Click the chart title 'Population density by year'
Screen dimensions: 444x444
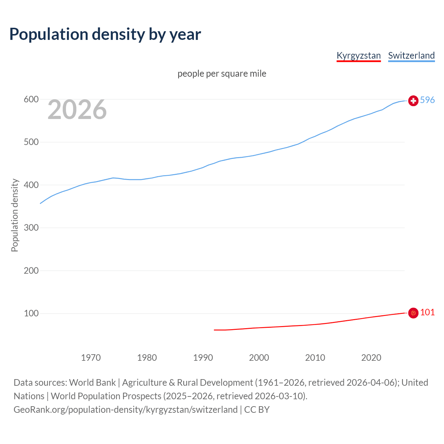105,34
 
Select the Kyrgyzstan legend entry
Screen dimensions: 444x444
359,55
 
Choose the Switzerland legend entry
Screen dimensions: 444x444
411,55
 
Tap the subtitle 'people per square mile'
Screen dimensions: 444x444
222,74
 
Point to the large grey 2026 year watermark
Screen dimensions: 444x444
77,110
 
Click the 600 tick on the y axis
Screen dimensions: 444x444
31,100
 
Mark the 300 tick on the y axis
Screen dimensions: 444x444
31,228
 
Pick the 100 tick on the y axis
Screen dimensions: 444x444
31,314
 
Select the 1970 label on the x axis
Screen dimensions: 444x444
91,358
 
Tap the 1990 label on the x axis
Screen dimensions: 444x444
203,358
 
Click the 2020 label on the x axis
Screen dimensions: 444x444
371,358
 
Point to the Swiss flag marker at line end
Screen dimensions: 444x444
413,101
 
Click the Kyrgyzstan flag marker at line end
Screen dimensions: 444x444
413,313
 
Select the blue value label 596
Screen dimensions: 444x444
427,100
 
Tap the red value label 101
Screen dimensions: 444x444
427,313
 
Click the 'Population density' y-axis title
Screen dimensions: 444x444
15,215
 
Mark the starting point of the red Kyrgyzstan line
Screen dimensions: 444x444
214,330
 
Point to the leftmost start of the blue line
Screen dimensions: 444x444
41,203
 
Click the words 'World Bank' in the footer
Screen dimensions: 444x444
92,383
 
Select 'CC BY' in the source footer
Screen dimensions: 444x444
257,410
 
